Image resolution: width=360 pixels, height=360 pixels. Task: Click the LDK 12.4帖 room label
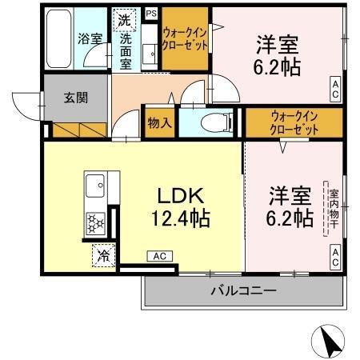tap(179, 206)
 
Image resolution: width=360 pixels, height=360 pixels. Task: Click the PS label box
tap(150, 13)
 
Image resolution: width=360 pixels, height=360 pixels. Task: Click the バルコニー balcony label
tap(244, 290)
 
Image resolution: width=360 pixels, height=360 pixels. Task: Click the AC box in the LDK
tap(158, 257)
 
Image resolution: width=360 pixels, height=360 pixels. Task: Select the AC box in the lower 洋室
tap(334, 257)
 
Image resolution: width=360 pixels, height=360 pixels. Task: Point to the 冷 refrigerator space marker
tap(102, 256)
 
